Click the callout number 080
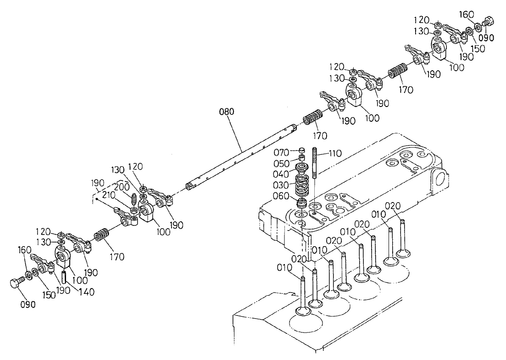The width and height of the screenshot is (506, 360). point(227,112)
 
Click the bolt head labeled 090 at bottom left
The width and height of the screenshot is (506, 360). point(15,283)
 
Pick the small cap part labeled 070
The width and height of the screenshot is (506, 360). point(302,150)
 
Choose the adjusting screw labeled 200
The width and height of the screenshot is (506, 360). point(133,200)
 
